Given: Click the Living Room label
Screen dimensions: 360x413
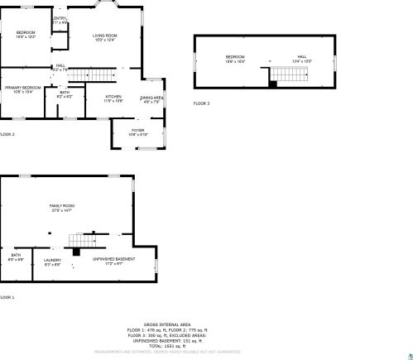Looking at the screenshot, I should click(x=104, y=36).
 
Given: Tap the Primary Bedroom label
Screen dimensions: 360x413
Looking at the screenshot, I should click(x=22, y=87).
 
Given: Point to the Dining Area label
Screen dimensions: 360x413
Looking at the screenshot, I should click(x=151, y=98).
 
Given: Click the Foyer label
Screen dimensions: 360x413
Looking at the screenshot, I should click(x=137, y=130).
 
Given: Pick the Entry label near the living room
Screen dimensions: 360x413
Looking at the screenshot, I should click(x=60, y=18).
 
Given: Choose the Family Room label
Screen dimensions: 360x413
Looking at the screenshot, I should click(x=62, y=205).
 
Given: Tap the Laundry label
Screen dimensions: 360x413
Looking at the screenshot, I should click(x=52, y=261).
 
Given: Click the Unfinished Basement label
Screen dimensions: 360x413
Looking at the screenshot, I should click(x=113, y=260).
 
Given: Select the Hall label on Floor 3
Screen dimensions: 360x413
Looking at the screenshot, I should click(x=301, y=57).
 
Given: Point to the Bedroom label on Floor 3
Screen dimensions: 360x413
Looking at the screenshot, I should click(x=236, y=57).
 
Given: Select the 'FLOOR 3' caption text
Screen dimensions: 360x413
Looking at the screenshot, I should click(x=202, y=103).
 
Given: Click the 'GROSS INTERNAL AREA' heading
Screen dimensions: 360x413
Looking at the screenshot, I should click(x=167, y=324).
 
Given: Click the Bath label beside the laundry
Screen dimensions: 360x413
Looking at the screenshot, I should click(x=16, y=255).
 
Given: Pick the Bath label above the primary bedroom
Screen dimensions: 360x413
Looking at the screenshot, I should click(x=65, y=92).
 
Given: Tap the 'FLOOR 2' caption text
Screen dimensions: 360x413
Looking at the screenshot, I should click(x=7, y=133).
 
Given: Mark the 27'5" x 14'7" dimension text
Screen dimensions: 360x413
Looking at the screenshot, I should click(x=62, y=211).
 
